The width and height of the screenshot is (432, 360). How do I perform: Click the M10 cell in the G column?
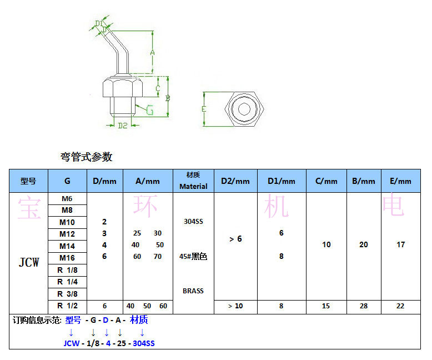pos(67,222)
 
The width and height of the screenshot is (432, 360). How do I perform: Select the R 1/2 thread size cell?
pos(67,306)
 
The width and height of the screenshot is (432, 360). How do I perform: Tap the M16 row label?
pos(67,258)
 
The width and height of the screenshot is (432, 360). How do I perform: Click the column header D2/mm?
pos(235,181)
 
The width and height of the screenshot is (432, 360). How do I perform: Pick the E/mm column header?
pos(400,181)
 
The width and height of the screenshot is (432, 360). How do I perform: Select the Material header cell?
pos(193,181)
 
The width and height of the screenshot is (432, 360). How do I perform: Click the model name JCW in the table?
pos(29,262)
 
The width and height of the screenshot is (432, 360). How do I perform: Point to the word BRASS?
pos(193,291)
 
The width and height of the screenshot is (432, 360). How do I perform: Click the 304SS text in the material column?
pos(193,222)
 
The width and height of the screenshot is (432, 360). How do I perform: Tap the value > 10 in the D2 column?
pos(235,306)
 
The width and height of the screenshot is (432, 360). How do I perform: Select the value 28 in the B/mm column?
pos(364,306)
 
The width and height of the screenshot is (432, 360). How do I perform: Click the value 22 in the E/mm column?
pos(400,306)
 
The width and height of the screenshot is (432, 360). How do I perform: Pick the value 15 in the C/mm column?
pos(326,306)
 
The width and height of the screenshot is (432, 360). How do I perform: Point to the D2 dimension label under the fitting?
pos(123,126)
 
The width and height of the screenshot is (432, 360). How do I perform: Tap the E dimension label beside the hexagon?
pos(204,109)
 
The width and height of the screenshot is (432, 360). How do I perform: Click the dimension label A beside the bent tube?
pos(152,52)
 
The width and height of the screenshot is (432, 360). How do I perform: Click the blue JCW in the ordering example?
pos(72,343)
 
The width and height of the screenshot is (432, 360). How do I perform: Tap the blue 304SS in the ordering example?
pos(143,343)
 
